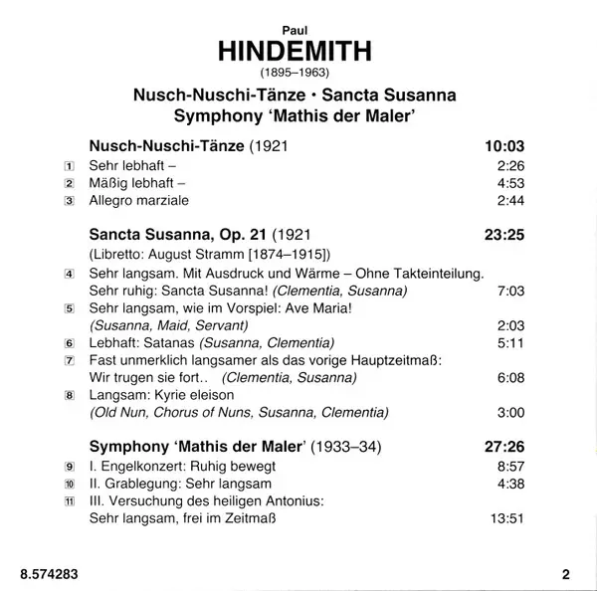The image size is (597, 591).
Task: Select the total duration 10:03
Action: [503, 146]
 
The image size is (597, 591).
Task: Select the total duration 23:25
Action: [503, 236]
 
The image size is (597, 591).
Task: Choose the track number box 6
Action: [69, 342]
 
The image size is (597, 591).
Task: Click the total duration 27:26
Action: [503, 447]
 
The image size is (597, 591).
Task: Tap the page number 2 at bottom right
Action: [566, 573]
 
